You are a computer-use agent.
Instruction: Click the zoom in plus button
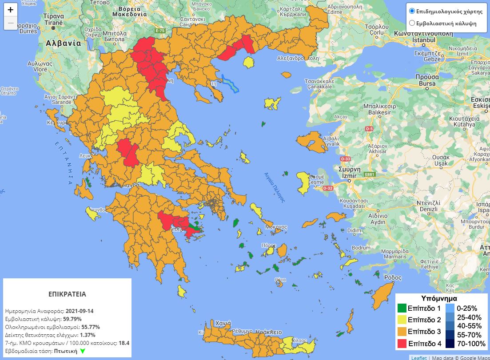(x=11, y=10)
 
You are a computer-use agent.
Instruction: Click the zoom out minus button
(x=11, y=23)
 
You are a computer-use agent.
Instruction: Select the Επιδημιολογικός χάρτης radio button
(x=412, y=11)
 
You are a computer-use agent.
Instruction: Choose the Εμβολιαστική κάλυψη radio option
(x=412, y=23)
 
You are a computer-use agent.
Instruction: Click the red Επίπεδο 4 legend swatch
(x=402, y=343)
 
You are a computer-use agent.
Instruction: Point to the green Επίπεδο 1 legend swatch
(x=402, y=308)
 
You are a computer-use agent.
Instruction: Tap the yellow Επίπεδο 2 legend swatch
(x=402, y=320)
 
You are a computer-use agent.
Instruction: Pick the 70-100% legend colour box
(x=450, y=343)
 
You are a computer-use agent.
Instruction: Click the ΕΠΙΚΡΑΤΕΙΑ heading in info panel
(x=67, y=294)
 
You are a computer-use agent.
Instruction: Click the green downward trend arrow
(x=82, y=351)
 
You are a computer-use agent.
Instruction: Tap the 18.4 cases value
(x=124, y=343)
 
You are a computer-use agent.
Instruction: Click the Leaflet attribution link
(x=418, y=357)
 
